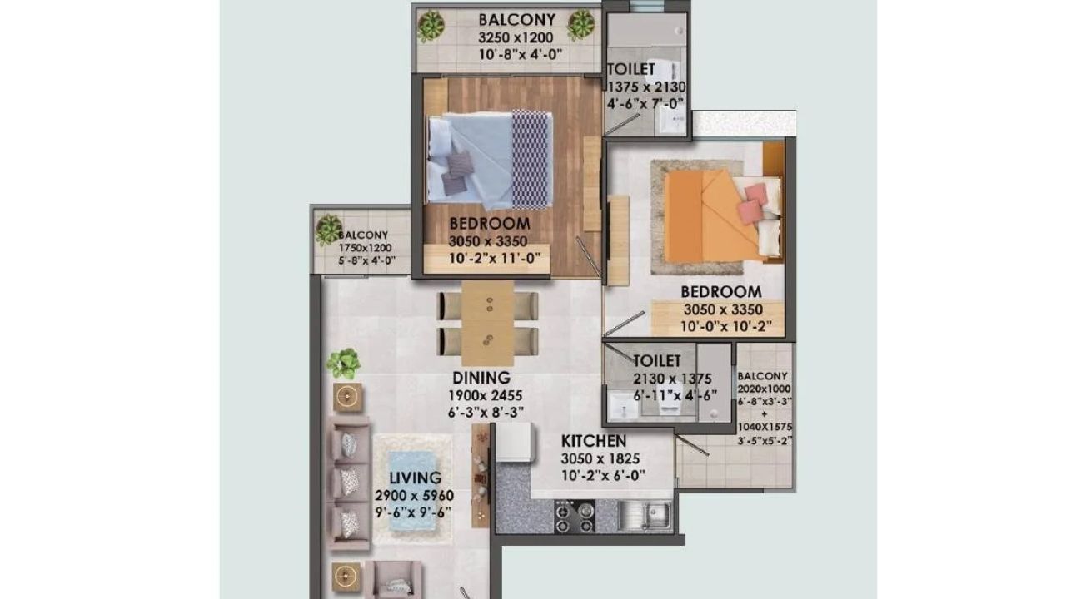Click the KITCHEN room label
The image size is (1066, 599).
[x=593, y=441]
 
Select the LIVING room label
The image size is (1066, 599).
[x=415, y=478]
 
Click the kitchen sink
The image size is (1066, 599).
[x=654, y=514]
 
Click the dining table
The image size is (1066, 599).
[x=488, y=323]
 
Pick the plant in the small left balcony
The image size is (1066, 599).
[x=329, y=229]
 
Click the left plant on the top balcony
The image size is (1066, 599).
[x=431, y=26]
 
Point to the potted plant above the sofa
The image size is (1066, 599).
[x=343, y=364]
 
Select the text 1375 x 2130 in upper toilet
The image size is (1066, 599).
[x=645, y=87]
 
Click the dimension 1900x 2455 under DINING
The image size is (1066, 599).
[x=481, y=395]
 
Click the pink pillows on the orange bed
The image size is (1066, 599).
[x=755, y=201]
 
